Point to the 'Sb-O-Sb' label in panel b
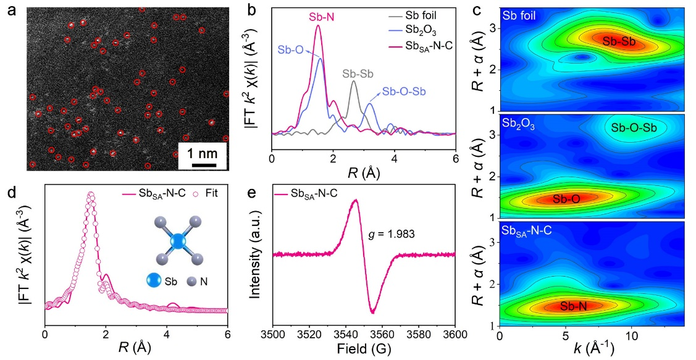coord(403,91)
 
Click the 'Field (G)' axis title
coord(363,350)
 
